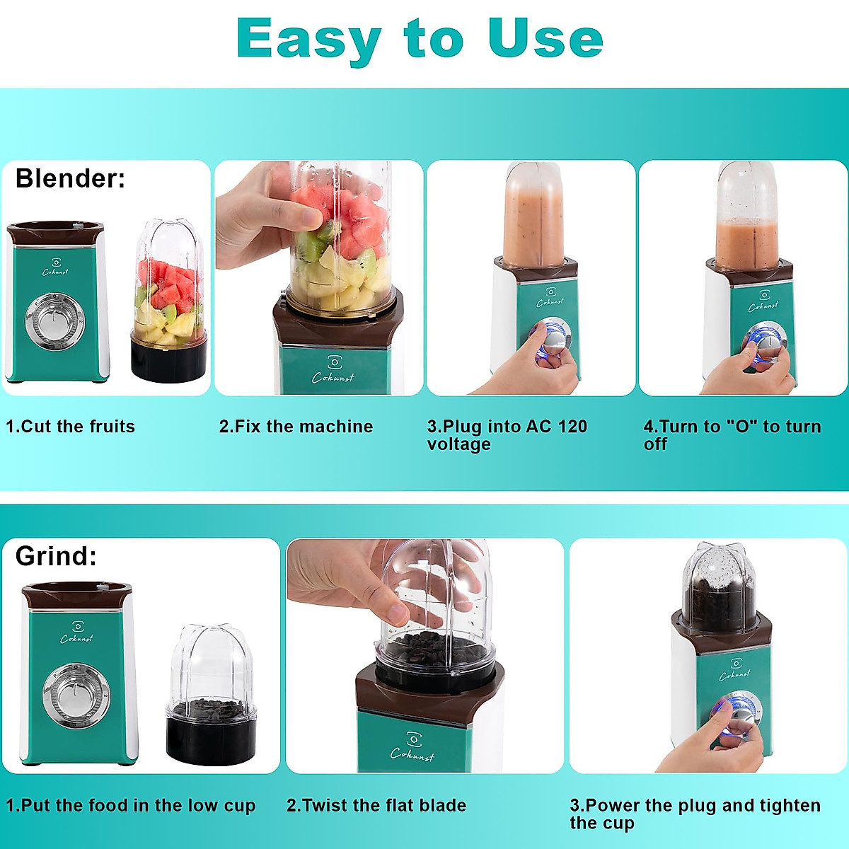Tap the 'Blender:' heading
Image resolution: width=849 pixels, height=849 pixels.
coord(70,178)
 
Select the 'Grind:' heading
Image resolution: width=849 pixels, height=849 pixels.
coord(56,556)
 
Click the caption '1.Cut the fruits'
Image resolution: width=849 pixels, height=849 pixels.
coord(70,427)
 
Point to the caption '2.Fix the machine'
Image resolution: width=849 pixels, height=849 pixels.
coord(296,427)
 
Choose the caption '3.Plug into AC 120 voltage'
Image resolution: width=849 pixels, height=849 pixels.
coord(507,435)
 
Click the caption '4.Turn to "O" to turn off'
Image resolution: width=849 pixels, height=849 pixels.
coord(732,435)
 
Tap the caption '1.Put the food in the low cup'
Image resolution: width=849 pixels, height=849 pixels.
coord(131,806)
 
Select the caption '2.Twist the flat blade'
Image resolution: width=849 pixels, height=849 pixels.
coord(376,806)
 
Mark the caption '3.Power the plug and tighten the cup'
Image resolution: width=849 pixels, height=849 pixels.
coord(695,814)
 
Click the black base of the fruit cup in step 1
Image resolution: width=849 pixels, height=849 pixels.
coord(168,362)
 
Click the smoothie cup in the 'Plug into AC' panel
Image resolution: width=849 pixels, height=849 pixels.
coord(533,216)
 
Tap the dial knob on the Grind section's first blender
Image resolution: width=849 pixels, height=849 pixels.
coord(75,695)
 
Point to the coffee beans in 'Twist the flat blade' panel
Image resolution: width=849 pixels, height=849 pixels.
coord(431,647)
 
